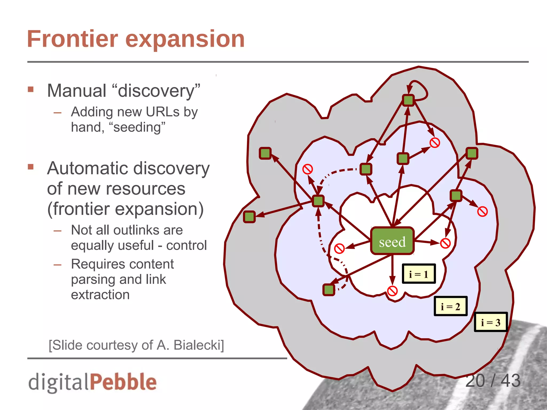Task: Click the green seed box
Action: (392, 241)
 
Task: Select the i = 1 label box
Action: (419, 274)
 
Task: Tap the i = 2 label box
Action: (450, 306)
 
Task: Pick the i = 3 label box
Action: (490, 322)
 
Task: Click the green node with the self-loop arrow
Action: (408, 100)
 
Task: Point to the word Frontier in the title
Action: (72, 39)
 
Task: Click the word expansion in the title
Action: (185, 39)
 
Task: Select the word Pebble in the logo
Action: (123, 382)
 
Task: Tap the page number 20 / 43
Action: (493, 381)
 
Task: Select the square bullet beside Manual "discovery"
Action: (31, 89)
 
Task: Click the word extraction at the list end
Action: (100, 295)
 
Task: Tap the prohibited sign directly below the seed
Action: (392, 291)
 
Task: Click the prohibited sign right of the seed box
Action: (445, 243)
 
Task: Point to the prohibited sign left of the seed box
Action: (339, 249)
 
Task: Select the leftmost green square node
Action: (249, 216)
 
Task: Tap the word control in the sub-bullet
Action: (186, 245)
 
